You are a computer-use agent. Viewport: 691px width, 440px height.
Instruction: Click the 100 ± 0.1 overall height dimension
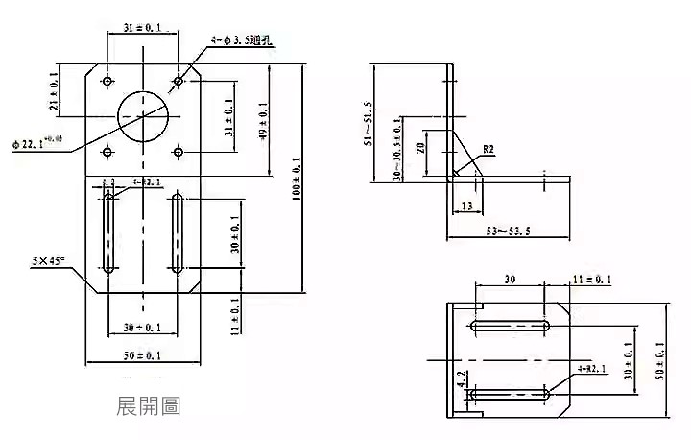[x=295, y=177]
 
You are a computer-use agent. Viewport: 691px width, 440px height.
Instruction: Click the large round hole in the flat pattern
[x=143, y=115]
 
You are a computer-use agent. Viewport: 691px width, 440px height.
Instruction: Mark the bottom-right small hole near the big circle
[x=179, y=151]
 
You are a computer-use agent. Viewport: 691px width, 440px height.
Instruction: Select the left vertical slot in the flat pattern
[x=109, y=233]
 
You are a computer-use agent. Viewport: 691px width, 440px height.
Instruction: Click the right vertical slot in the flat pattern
[x=179, y=233]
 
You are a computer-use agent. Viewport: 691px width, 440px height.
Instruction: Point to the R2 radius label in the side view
[x=488, y=150]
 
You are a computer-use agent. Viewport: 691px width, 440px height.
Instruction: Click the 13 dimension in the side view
[x=465, y=206]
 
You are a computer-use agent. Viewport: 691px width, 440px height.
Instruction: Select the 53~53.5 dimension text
[x=509, y=232]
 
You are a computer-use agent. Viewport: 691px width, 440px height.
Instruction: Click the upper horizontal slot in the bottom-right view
[x=510, y=328]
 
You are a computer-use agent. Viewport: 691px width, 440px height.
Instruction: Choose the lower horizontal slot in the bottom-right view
[x=510, y=393]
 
